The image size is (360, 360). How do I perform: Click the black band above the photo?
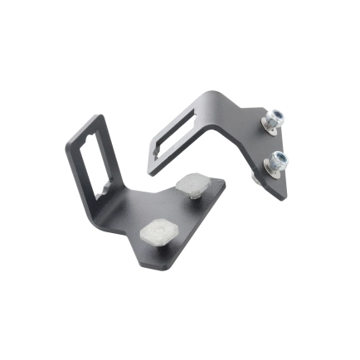pos(180,41)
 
